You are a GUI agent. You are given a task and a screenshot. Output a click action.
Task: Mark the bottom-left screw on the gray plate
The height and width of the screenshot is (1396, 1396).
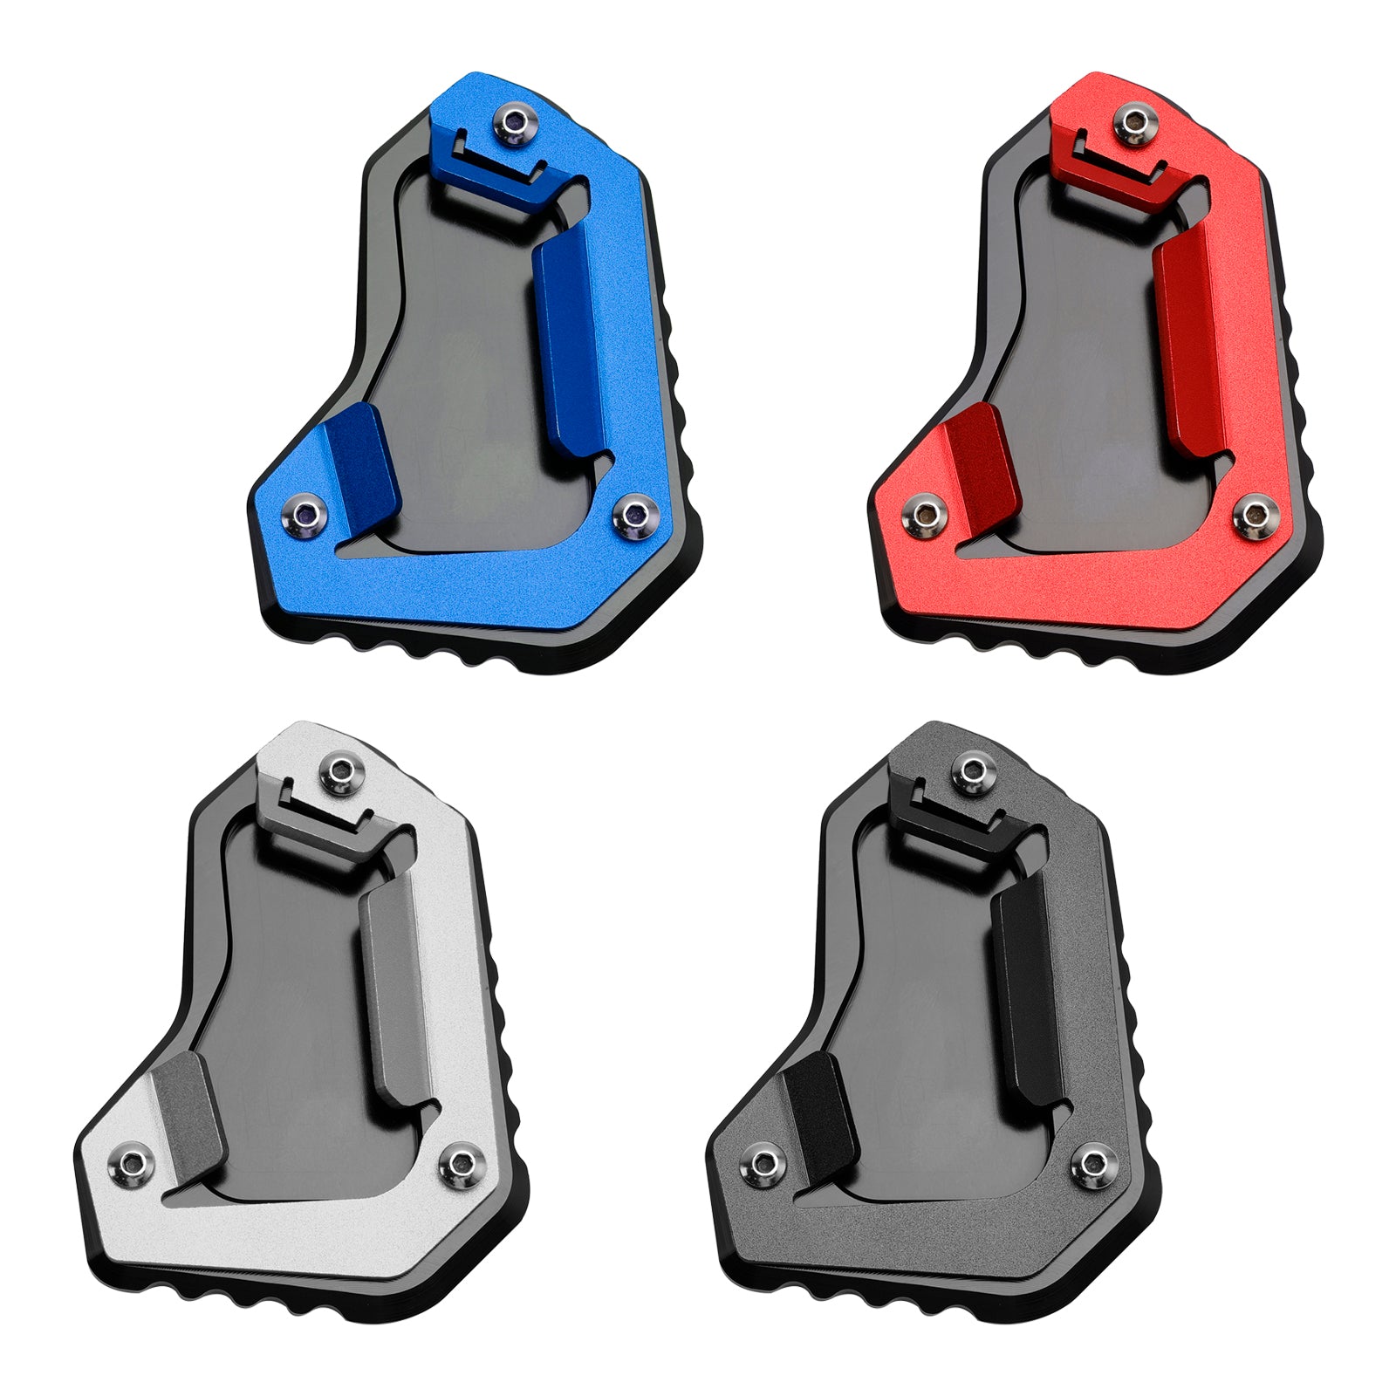pyautogui.click(x=764, y=1161)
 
